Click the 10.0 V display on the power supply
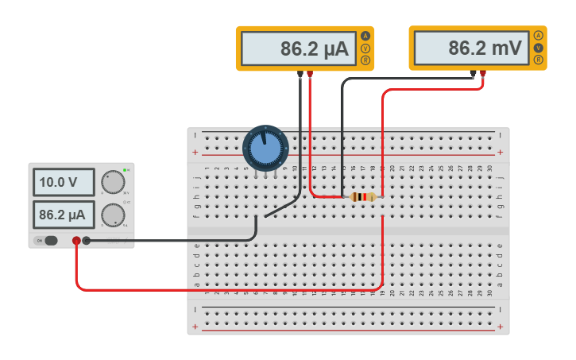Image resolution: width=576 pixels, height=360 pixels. point(64,182)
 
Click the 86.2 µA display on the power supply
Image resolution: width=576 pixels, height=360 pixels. point(64,215)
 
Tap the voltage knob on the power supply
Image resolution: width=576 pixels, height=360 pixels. point(114,183)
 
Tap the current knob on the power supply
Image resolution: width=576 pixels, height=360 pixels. point(114,215)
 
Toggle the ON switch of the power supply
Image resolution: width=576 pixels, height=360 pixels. point(50,241)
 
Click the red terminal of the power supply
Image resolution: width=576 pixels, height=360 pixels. point(76,241)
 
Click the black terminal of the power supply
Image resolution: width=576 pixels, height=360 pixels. point(87,241)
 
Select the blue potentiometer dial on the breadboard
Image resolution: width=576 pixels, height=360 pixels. point(265,148)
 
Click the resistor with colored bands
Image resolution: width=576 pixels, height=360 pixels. point(363,197)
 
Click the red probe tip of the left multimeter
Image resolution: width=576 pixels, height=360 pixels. point(310,75)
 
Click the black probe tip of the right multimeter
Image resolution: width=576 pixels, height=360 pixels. point(474,75)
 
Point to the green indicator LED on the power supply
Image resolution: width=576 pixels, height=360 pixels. point(125,170)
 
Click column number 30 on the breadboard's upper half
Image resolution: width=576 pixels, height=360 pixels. point(490,168)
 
